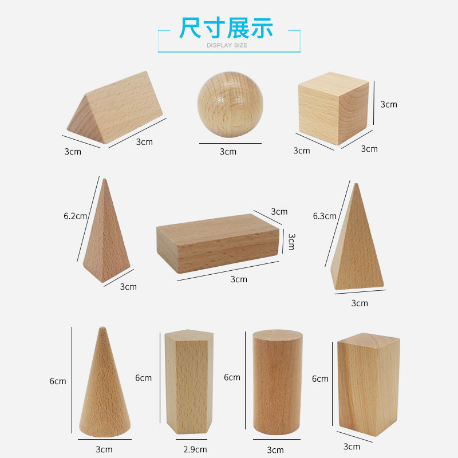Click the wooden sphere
[x=230, y=105]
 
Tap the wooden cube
[x=333, y=108]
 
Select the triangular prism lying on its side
[x=115, y=107]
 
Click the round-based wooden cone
[x=105, y=382]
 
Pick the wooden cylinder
[x=278, y=382]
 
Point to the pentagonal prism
[x=189, y=382]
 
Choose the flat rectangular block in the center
[x=218, y=243]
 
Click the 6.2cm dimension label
[x=76, y=216]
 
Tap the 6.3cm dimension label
[x=325, y=216]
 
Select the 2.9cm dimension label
[x=195, y=449]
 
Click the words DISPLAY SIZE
[x=227, y=45]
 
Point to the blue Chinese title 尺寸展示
[x=226, y=27]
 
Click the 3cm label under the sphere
[x=228, y=152]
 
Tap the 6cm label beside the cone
[x=58, y=381]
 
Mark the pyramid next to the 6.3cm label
[x=357, y=236]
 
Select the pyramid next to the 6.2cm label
[x=106, y=231]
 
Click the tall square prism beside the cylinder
[x=369, y=384]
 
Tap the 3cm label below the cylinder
[x=275, y=450]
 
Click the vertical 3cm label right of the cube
[x=389, y=104]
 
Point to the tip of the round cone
[x=102, y=327]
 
